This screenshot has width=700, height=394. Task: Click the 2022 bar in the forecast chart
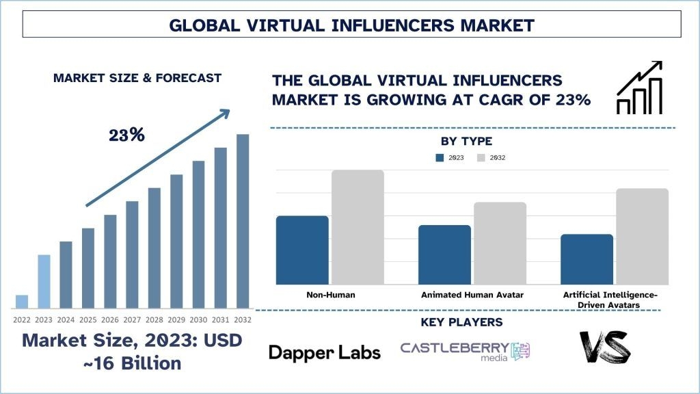pos(22,302)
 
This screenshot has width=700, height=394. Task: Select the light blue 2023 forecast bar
pos(44,281)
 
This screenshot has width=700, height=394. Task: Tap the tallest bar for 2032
pos(243,221)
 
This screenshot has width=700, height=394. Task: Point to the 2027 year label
pos(132,319)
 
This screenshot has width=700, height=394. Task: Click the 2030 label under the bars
pos(198,319)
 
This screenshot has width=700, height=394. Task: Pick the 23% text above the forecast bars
pos(127,135)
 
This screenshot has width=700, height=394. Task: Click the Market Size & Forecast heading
pos(137,78)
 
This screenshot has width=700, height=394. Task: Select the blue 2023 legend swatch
pos(440,157)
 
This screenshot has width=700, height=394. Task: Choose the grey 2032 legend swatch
pos(481,157)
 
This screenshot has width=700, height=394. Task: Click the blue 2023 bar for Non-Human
pos(302,250)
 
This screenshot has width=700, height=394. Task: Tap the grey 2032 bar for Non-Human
pos(358,227)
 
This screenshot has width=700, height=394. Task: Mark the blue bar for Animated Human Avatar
pos(444,254)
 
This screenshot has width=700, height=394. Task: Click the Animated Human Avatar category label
pos(472,295)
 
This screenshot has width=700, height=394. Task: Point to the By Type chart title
pos(466,142)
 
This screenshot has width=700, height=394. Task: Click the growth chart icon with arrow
pos(640,88)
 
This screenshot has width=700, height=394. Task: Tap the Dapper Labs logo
pos(324,352)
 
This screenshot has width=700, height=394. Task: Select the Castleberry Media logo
pos(465,351)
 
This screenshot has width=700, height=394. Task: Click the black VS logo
pos(604,348)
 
